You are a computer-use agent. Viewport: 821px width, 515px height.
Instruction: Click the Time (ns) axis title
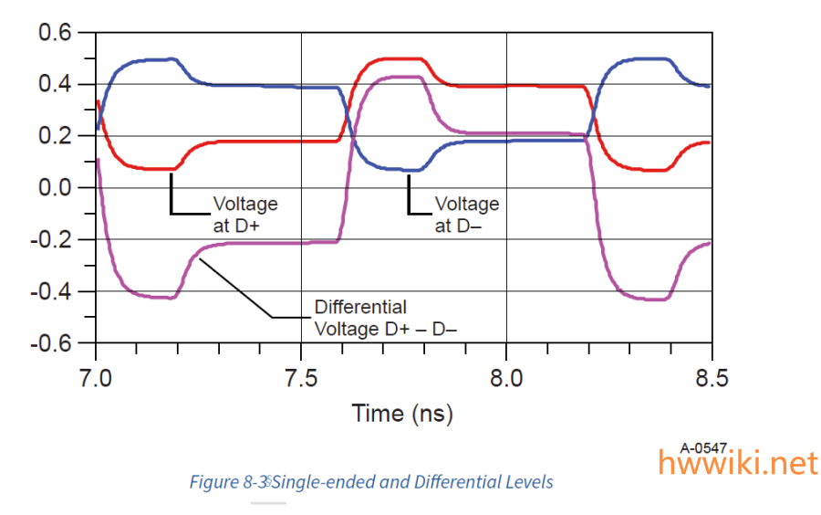[x=402, y=414]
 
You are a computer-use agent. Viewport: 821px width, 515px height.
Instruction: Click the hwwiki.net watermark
[x=738, y=464]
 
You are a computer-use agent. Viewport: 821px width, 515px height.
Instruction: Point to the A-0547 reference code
[x=703, y=447]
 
